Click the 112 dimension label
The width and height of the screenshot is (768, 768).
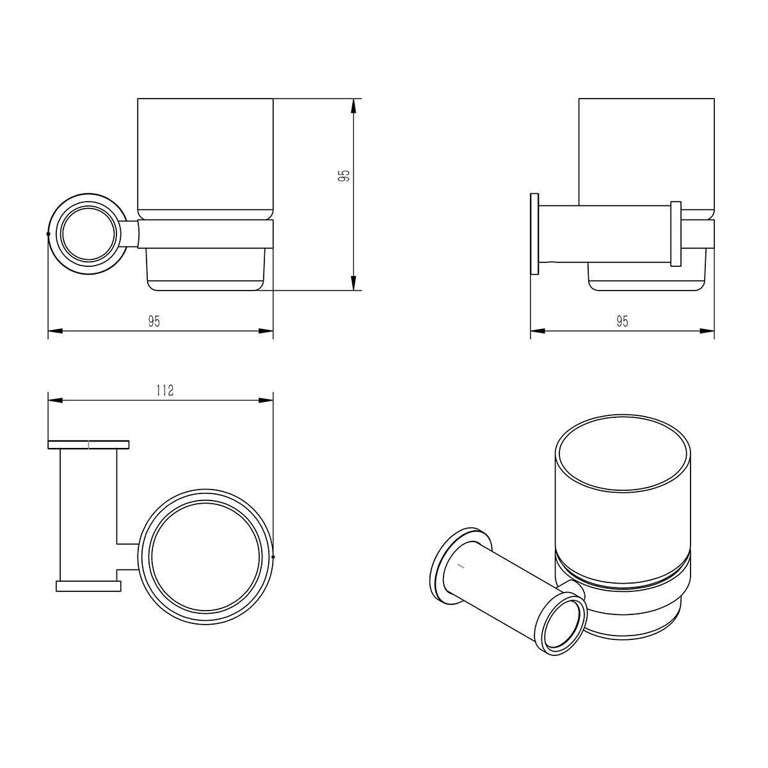point(165,390)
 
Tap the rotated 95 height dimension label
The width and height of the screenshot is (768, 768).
point(344,175)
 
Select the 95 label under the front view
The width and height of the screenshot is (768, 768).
point(154,321)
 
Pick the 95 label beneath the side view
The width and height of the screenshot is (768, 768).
point(622,321)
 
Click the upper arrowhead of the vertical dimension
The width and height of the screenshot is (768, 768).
point(353,106)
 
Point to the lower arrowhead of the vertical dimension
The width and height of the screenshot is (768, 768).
point(353,283)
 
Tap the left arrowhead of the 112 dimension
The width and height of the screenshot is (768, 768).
point(56,400)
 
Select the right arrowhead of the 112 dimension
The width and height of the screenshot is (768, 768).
point(266,400)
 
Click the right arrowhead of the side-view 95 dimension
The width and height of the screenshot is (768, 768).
point(707,331)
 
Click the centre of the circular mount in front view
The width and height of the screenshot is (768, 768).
point(88,234)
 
